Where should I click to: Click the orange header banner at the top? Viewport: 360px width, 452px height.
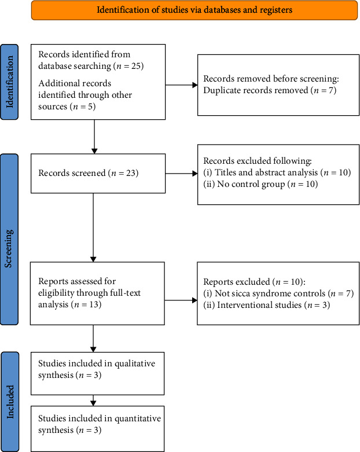tap(194, 10)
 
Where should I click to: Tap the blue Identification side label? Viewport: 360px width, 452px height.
tap(9, 82)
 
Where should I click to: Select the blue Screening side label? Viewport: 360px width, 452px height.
tap(9, 239)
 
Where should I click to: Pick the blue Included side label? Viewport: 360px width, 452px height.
tap(9, 402)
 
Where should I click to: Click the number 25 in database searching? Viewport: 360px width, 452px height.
tap(135, 66)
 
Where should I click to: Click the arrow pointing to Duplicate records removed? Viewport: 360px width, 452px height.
tap(181, 85)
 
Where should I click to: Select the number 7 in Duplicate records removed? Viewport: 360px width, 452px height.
tap(331, 90)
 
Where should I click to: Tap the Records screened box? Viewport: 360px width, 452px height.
tap(98, 173)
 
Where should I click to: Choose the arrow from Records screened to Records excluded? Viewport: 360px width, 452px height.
tap(181, 173)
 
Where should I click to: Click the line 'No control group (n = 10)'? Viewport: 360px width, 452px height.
tap(260, 184)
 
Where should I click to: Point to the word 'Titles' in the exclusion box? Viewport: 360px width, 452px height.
tap(226, 172)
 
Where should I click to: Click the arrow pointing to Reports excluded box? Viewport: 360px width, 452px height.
tap(181, 300)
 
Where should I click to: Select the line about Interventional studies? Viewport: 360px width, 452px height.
tap(267, 305)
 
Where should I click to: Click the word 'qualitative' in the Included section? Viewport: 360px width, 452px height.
tap(135, 364)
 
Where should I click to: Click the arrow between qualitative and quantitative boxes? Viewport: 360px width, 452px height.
tap(93, 400)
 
